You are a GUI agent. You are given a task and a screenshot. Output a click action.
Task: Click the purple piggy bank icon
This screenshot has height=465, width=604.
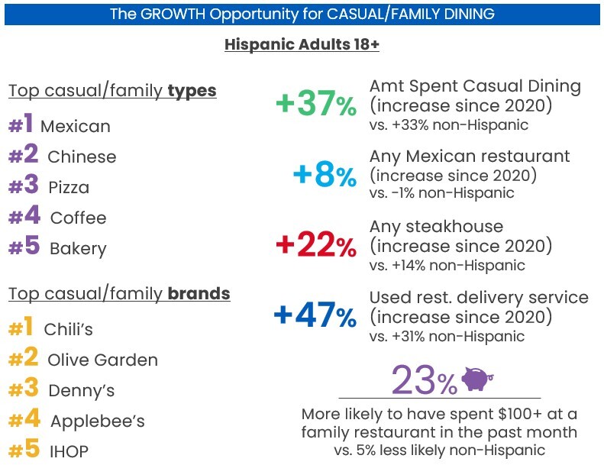[x=477, y=378]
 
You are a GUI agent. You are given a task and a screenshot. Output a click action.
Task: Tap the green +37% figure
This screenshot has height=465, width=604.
[x=316, y=103]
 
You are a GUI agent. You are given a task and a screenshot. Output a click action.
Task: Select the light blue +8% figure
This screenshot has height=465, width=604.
[x=325, y=175]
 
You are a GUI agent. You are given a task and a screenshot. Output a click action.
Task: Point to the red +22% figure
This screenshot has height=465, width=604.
[x=316, y=244]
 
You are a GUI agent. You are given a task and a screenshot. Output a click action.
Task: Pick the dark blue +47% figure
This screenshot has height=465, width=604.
[x=315, y=315]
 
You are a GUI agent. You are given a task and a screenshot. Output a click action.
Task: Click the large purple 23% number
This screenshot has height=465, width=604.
[x=425, y=381]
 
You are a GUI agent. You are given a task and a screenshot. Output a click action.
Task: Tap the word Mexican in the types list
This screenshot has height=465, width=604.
[x=76, y=126]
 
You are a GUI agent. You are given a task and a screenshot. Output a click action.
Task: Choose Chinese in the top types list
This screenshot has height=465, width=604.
[x=82, y=157]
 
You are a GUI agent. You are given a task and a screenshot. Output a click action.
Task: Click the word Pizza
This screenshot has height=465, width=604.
[x=69, y=188]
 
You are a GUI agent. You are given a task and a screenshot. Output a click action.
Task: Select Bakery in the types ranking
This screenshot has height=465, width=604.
[x=78, y=249]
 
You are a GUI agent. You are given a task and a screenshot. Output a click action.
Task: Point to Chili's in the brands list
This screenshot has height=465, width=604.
[x=69, y=329]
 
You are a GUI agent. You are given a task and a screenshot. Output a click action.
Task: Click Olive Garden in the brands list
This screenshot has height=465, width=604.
[x=103, y=360]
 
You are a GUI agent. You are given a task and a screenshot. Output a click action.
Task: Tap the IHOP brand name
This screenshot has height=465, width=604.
[x=69, y=451]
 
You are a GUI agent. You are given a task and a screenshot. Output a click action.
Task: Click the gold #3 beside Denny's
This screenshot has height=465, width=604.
[x=24, y=388]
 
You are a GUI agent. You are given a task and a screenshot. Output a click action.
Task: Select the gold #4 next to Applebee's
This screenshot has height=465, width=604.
[x=24, y=418]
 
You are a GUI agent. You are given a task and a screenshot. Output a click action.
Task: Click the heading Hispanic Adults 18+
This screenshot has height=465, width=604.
[x=302, y=45]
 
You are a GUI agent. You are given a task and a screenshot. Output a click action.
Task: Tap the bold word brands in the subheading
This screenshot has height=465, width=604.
[x=199, y=293]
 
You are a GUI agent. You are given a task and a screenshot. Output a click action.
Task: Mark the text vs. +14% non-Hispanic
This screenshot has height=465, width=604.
[x=447, y=266]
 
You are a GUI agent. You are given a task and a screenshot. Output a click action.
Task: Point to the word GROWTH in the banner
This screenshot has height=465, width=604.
[x=173, y=14]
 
